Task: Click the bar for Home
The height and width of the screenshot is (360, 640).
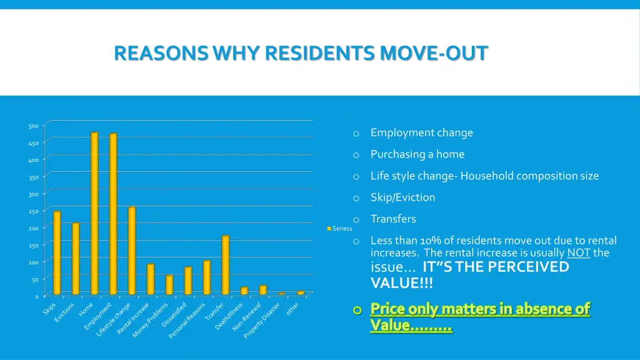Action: click(x=94, y=213)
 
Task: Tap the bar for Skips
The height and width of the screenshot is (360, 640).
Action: click(x=57, y=252)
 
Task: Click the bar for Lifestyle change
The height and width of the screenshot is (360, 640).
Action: click(x=132, y=250)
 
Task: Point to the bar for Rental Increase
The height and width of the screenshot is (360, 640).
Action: click(x=151, y=279)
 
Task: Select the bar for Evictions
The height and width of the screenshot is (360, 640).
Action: click(x=76, y=258)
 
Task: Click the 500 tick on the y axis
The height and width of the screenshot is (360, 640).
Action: click(x=33, y=126)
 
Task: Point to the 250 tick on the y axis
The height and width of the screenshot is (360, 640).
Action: click(x=33, y=211)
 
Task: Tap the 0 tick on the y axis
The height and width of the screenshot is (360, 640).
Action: click(x=36, y=296)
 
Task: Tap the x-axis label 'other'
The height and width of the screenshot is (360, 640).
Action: click(x=292, y=309)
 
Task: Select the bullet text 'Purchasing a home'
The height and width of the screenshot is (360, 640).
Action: click(x=417, y=154)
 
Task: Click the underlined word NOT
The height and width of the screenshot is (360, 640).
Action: click(x=578, y=253)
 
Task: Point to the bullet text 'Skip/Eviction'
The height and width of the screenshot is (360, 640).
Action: click(x=402, y=197)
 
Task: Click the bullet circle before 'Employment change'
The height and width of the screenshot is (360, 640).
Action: click(x=356, y=133)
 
